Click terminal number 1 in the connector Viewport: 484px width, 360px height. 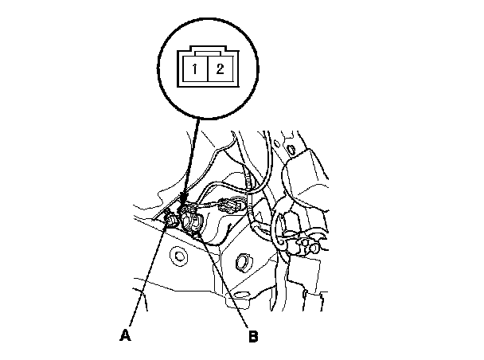click(193, 68)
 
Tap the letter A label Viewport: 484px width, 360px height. click(125, 335)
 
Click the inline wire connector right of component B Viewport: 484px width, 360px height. click(231, 205)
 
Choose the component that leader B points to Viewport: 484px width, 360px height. click(193, 221)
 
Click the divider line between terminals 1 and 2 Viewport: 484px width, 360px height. click(205, 68)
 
